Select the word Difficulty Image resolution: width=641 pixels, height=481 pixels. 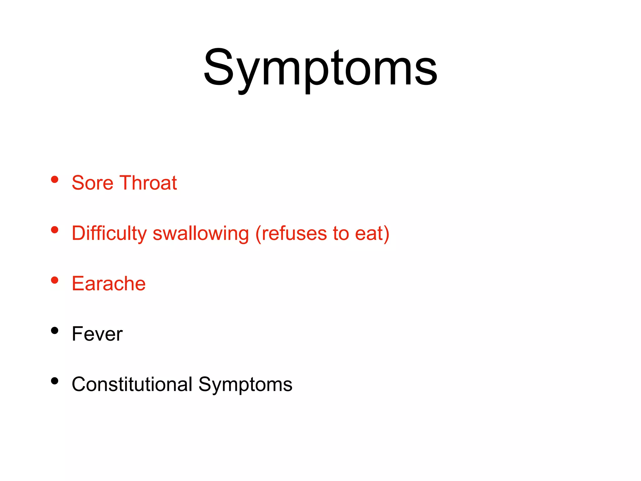pos(109,234)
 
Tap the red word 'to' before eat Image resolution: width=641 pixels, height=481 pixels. pos(341,234)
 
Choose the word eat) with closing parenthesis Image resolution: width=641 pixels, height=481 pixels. pos(372,234)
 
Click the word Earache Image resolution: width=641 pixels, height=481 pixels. pos(109,283)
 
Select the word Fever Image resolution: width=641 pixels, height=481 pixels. pos(97,334)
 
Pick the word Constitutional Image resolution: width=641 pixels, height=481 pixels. pos(132,384)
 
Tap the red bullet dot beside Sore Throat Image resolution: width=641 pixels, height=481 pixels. pos(55,179)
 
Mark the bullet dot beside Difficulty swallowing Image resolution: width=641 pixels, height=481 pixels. pos(55,230)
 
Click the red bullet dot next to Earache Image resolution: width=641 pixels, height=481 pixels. pos(55,280)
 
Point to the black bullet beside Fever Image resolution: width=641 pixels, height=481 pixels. pos(55,331)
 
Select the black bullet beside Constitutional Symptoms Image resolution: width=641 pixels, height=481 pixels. pos(55,381)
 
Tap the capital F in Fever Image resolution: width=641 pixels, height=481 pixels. pos(77,334)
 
